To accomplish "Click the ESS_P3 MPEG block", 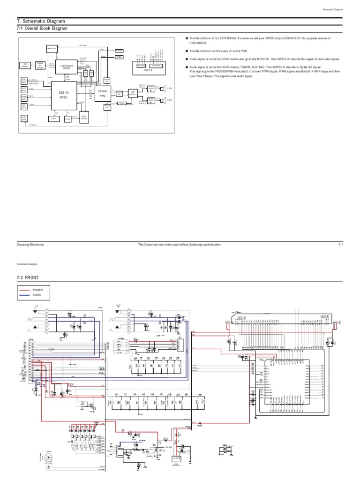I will (x=64, y=95).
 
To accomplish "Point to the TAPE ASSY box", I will (x=51, y=48).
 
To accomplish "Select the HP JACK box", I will (x=24, y=120).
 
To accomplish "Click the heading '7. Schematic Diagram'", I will (x=41, y=22).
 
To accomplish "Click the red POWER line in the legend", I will (x=25, y=290).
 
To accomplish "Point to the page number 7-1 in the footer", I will (x=341, y=245).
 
